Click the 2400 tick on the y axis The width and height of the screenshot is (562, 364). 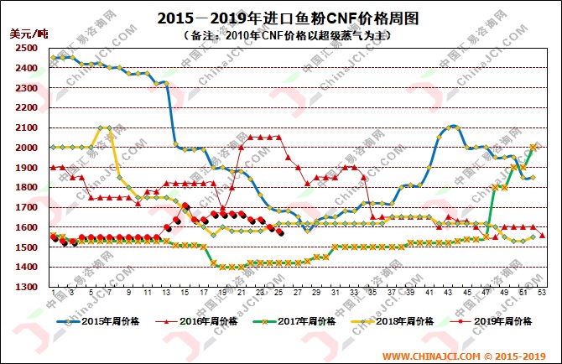point(25,68)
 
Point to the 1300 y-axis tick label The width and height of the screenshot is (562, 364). point(25,287)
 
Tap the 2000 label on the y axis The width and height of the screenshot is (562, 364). point(25,148)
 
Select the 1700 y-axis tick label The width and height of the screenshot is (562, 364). point(25,207)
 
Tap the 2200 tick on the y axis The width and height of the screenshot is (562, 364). point(25,107)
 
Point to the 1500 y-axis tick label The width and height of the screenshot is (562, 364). point(25,247)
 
